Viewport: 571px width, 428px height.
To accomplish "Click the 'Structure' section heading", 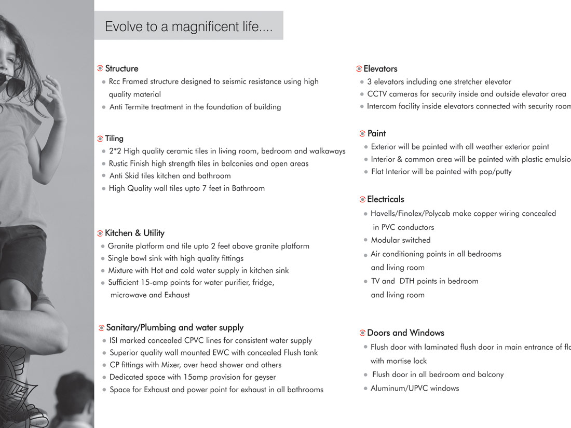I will tap(121, 68).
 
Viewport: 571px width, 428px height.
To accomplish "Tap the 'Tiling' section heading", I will tap(114, 139).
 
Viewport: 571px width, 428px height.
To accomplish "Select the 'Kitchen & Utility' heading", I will tap(134, 233).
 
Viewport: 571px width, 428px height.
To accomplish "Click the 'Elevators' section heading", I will tap(380, 68).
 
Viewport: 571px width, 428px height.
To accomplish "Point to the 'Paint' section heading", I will tap(376, 133).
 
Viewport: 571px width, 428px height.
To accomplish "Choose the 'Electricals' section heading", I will tap(385, 199).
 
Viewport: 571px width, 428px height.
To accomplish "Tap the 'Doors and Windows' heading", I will tap(405, 333).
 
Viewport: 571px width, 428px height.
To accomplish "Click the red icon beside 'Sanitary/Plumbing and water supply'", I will tap(101, 328).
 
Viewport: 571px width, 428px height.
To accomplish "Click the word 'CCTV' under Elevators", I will tap(376, 94).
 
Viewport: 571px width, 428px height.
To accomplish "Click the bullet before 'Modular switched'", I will tap(366, 240).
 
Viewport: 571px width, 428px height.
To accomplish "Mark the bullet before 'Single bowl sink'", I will tap(103, 258).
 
